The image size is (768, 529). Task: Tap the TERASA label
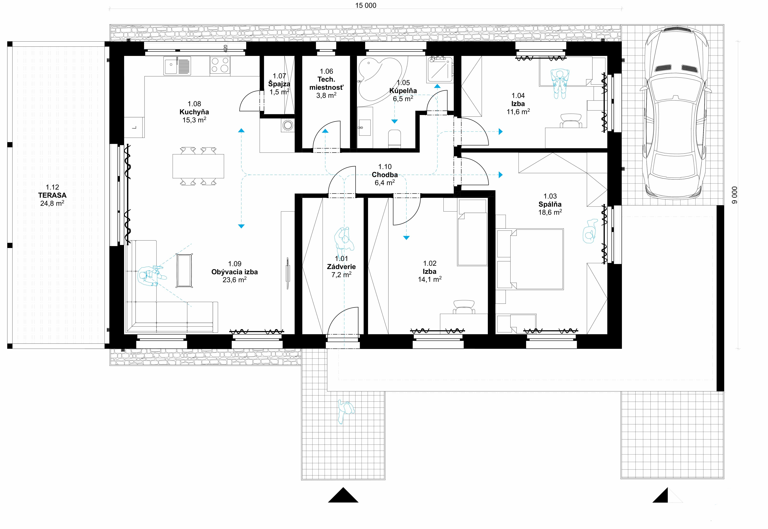pos(52,195)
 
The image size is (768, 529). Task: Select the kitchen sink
pos(177,66)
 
